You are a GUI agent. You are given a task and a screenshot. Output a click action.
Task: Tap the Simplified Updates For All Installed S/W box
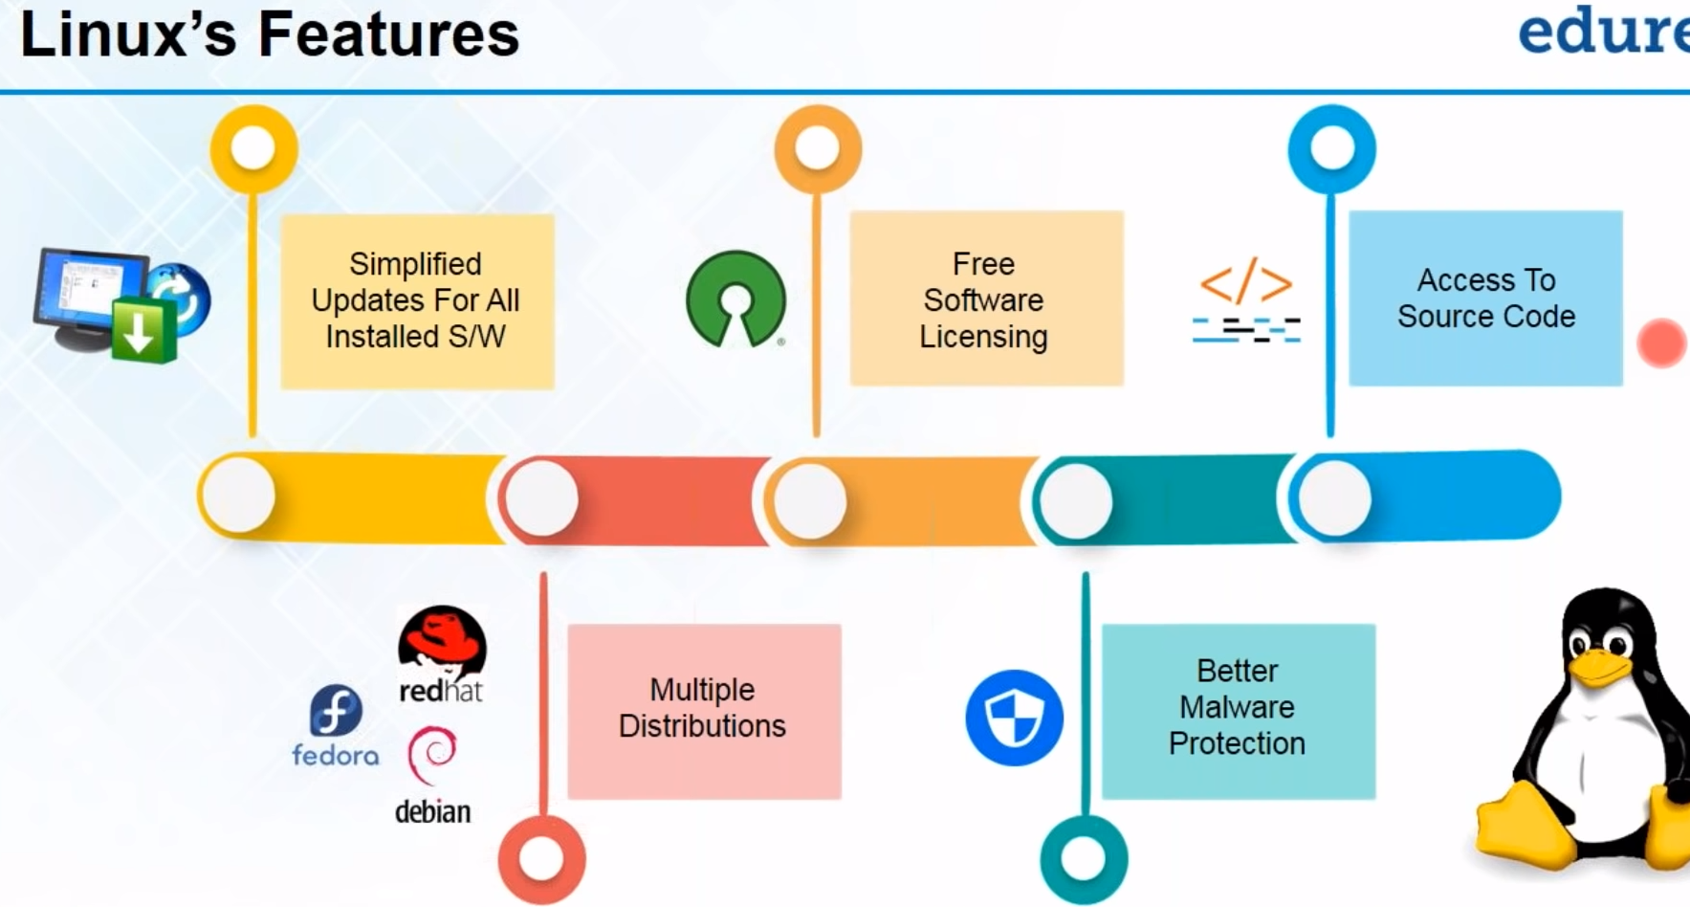(x=417, y=300)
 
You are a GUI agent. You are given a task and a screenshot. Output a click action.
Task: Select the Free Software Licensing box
(x=986, y=299)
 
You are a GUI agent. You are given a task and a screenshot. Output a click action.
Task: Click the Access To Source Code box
(x=1485, y=298)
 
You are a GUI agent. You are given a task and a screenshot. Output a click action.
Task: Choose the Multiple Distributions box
(x=704, y=711)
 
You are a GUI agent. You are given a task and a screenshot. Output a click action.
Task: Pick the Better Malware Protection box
(x=1238, y=711)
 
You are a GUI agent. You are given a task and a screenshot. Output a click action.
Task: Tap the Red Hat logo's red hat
(x=442, y=635)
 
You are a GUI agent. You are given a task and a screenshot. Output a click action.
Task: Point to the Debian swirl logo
(x=432, y=755)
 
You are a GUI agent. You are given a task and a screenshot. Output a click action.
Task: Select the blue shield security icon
(x=1014, y=718)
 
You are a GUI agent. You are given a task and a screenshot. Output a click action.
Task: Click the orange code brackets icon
(x=1245, y=284)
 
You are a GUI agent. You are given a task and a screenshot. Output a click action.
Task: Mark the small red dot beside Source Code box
(x=1661, y=343)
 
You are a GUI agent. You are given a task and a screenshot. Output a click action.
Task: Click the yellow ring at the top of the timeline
(x=253, y=148)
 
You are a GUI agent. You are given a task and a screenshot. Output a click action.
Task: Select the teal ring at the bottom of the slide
(x=1084, y=858)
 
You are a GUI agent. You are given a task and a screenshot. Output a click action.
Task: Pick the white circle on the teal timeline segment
(x=1076, y=499)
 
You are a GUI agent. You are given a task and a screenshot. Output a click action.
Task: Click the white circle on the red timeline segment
(x=541, y=498)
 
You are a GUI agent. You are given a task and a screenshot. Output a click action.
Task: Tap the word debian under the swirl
(x=432, y=812)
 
